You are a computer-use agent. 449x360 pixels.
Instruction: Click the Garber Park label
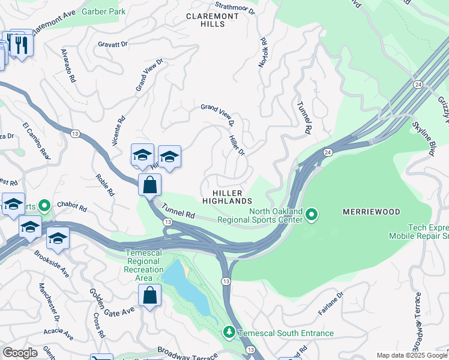point(103,11)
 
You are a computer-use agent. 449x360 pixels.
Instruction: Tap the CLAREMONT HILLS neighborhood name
point(205,20)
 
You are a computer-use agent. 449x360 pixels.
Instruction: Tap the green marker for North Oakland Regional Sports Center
point(312,214)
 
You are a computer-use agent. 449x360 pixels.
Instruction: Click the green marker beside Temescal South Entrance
point(228,332)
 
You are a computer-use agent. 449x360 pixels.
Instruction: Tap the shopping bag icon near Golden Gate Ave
point(149,296)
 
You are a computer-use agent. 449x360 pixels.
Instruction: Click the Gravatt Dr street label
point(113,44)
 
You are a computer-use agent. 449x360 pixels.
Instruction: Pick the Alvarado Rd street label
point(68,65)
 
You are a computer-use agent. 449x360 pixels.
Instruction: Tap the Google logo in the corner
point(20,352)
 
